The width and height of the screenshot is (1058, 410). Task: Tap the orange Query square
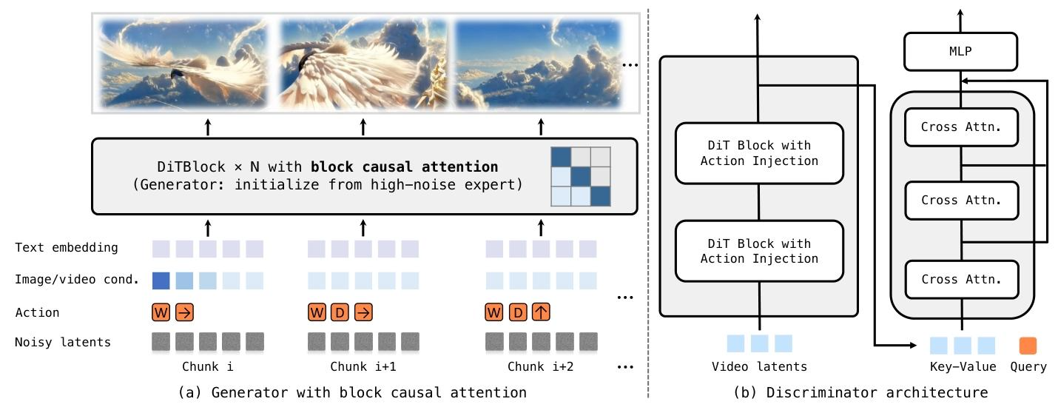1028,345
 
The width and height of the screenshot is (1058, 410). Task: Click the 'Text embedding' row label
66,247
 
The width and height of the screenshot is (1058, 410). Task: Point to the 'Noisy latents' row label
63,342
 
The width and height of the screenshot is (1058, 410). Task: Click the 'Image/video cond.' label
78,280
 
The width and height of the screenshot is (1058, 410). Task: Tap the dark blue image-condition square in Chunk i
161,280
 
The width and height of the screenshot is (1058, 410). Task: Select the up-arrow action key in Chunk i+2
541,312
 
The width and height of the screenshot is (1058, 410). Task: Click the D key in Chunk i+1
340,312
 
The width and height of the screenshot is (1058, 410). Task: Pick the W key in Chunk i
161,312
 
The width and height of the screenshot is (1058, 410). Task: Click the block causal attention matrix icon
581,177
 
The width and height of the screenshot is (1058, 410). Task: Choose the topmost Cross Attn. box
960,127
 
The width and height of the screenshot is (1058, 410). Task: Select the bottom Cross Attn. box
960,279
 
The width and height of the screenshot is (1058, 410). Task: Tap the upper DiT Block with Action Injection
759,152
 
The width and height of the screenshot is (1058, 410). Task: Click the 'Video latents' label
759,366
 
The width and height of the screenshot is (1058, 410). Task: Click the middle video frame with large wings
363,64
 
